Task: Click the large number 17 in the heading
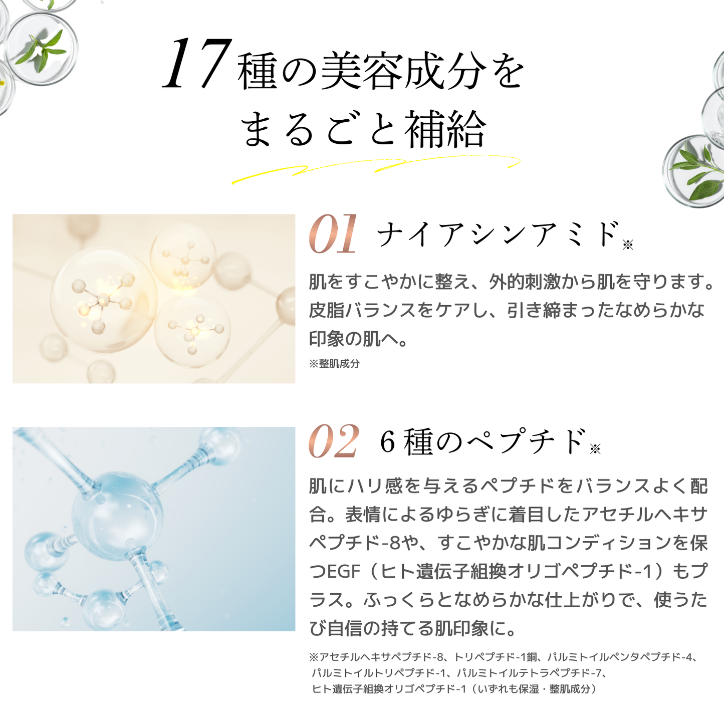pos(197,65)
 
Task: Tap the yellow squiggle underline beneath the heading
pos(376,168)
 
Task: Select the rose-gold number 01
pos(333,234)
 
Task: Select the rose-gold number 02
pos(334,441)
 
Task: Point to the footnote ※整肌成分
pos(334,364)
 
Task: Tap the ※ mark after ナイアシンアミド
pos(628,245)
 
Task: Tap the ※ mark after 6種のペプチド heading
pos(595,449)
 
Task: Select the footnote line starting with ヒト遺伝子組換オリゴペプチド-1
pos(453,689)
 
